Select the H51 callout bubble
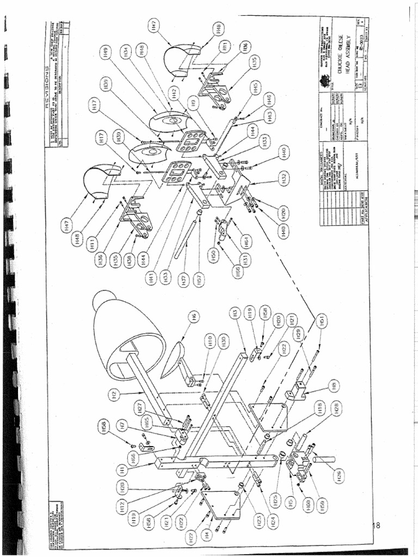coord(322,321)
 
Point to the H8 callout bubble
coord(335,386)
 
